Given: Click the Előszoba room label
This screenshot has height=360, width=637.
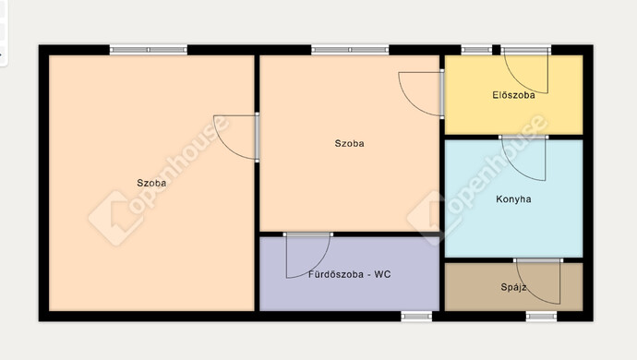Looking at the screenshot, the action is click(x=513, y=95).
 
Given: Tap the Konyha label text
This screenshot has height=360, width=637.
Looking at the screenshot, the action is click(x=513, y=199).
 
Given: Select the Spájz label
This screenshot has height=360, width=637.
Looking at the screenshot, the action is click(x=514, y=288).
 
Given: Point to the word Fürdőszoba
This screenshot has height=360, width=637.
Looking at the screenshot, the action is click(x=335, y=274).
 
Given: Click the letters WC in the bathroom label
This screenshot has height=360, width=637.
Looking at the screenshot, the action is click(x=382, y=274).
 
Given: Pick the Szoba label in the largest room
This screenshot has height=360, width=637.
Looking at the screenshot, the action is click(x=151, y=183).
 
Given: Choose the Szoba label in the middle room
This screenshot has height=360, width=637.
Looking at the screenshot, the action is click(x=349, y=143).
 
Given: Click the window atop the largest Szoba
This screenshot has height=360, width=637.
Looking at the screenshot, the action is click(x=149, y=50).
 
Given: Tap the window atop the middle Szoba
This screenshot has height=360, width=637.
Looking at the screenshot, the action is click(x=350, y=50).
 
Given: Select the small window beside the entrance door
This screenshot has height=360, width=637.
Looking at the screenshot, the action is click(x=476, y=50).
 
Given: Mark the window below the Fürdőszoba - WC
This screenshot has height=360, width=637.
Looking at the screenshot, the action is click(x=416, y=316).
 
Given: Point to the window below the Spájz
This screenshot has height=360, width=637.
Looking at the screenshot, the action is click(x=541, y=316).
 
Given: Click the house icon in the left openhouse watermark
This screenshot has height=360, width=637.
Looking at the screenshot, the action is click(x=115, y=218).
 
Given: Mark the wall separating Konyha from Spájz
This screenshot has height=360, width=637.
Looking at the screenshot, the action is click(x=514, y=260).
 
